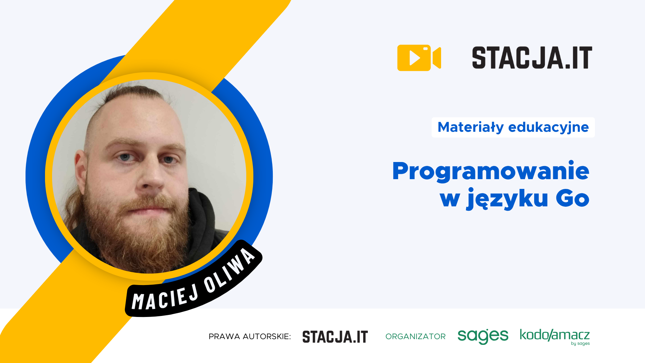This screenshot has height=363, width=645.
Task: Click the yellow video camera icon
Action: (x=419, y=58)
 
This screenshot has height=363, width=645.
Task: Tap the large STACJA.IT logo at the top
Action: (x=532, y=58)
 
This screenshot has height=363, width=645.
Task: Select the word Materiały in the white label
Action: (x=471, y=127)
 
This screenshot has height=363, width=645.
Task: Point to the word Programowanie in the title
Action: (x=490, y=171)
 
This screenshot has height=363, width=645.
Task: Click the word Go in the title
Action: (x=572, y=198)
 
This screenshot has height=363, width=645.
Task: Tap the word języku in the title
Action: (x=507, y=199)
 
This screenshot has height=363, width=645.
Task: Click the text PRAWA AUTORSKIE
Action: (x=250, y=336)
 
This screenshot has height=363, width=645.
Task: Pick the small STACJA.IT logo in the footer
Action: (x=335, y=337)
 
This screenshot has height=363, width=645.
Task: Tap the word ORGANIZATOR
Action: (x=416, y=336)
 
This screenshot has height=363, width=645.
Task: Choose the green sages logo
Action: (x=483, y=336)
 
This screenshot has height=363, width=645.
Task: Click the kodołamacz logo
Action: (x=555, y=335)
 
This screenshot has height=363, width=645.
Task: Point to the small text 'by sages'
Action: (x=580, y=344)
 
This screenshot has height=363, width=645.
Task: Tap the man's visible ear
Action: (x=81, y=168)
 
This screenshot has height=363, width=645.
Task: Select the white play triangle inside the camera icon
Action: (x=415, y=58)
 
